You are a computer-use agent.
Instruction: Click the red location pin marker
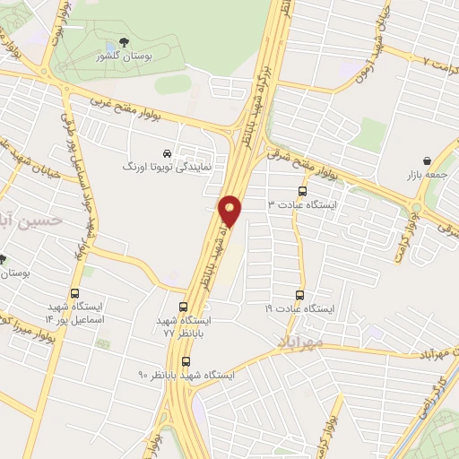point(230,209)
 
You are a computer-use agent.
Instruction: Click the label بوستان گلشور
point(122,57)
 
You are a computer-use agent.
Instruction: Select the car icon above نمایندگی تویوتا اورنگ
point(168,152)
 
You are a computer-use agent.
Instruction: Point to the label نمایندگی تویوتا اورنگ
point(168,167)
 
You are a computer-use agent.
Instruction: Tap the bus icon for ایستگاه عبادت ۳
point(302,192)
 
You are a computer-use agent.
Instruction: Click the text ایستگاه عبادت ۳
point(301,205)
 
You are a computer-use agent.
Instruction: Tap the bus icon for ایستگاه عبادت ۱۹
point(299,294)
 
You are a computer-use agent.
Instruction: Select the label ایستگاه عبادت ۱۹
point(299,307)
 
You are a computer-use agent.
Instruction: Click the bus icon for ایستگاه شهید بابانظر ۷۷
point(184,306)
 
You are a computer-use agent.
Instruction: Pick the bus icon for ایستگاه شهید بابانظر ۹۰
point(186,361)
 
